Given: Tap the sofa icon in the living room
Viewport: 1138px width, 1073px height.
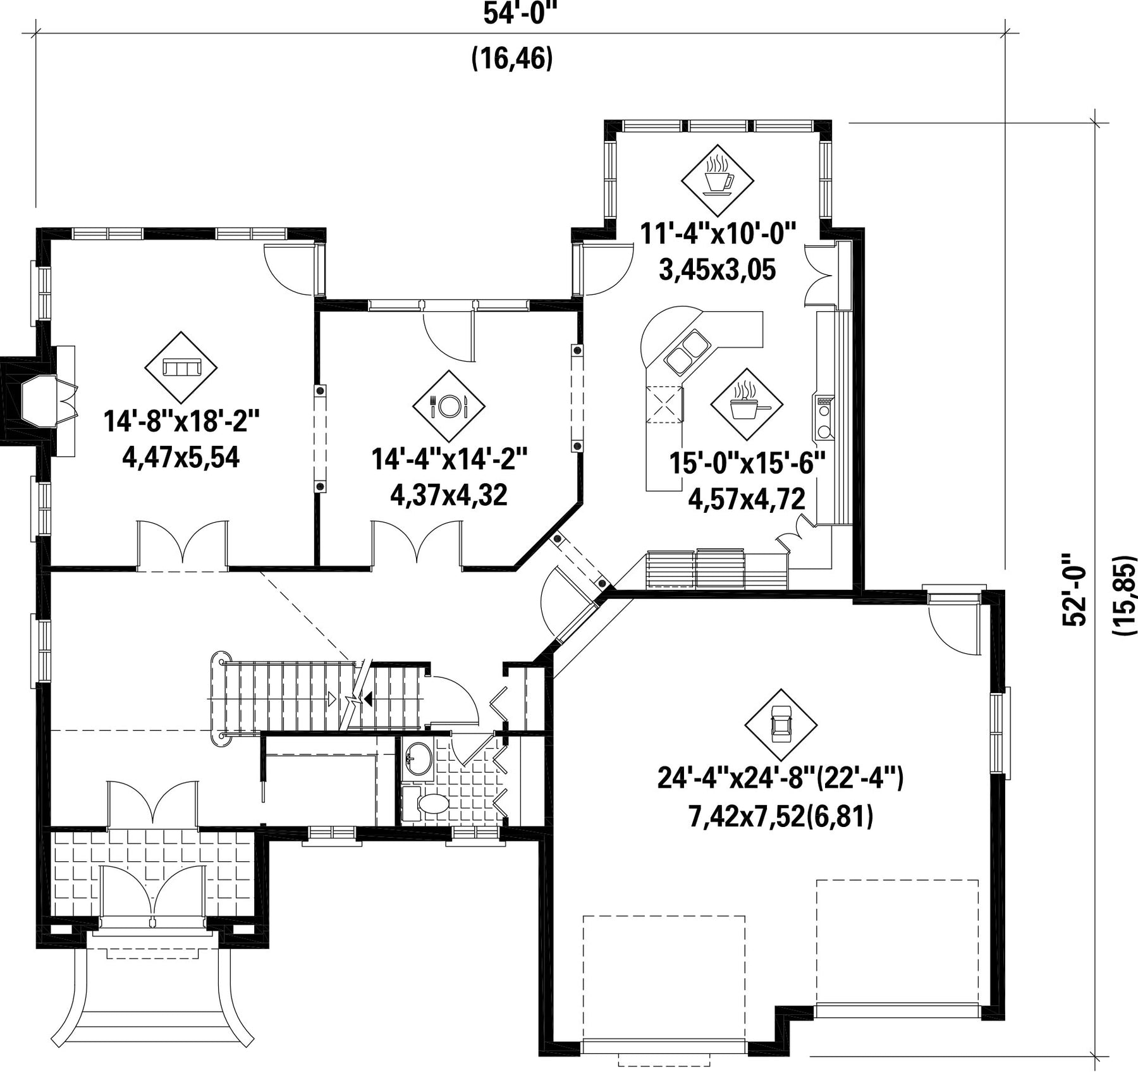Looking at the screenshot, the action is (x=181, y=367).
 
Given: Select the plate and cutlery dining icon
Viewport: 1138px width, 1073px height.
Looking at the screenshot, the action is (x=449, y=406).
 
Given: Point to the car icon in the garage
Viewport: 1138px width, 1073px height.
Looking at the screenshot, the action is (x=781, y=725).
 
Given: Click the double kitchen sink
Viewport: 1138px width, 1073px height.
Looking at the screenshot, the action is (x=686, y=352).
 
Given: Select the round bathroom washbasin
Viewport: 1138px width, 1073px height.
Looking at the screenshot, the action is (x=418, y=757).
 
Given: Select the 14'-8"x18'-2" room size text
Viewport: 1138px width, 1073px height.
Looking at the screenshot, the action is (x=181, y=420).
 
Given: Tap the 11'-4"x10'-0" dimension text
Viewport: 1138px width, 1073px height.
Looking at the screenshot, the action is (x=718, y=233).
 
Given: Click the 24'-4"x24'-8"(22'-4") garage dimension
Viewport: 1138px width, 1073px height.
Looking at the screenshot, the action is (x=781, y=778).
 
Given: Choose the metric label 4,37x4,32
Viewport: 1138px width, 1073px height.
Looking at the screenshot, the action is (x=449, y=495).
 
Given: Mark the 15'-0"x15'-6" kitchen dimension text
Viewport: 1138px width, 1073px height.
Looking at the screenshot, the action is (x=748, y=463).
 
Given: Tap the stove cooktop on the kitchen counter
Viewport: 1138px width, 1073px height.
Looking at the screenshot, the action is (x=824, y=417).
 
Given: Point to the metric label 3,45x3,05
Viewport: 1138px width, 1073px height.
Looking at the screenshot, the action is (x=718, y=270).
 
